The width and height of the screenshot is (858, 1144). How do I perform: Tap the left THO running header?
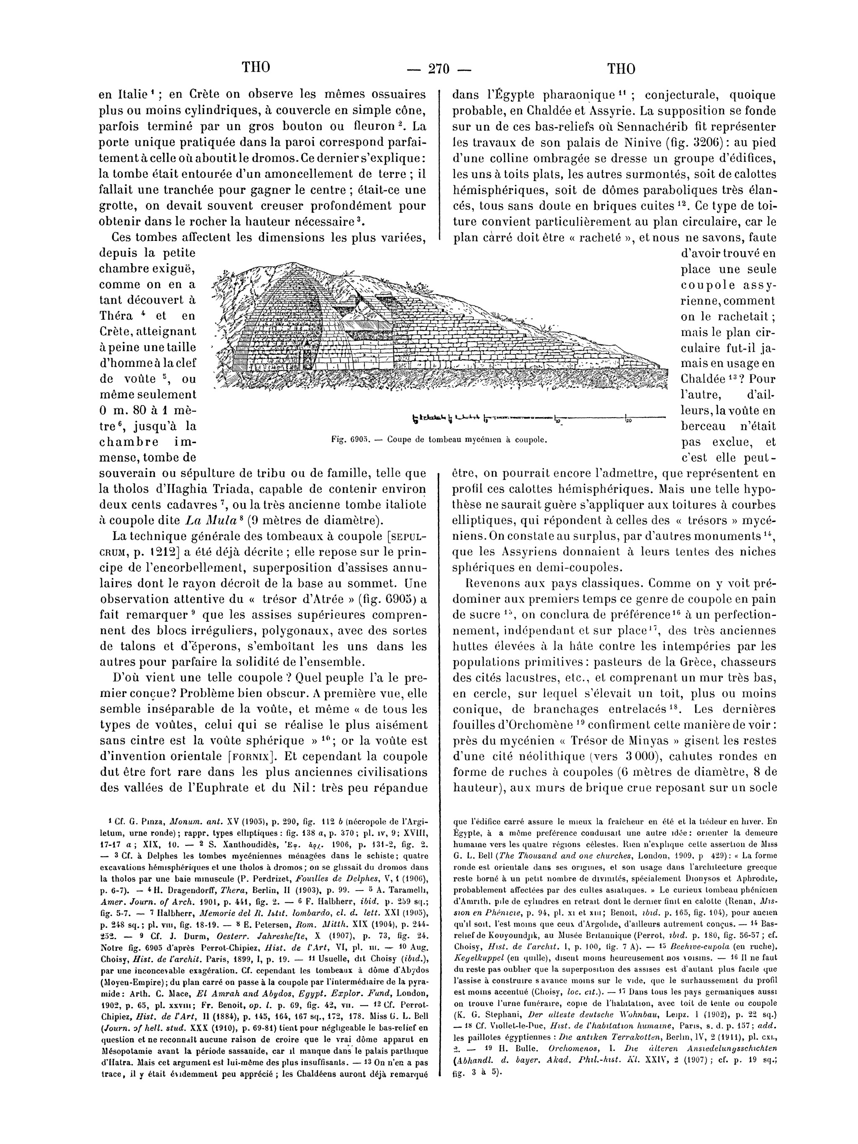[256, 68]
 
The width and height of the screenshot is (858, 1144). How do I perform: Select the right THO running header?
[621, 69]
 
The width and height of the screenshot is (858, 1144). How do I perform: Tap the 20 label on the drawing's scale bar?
[629, 421]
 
